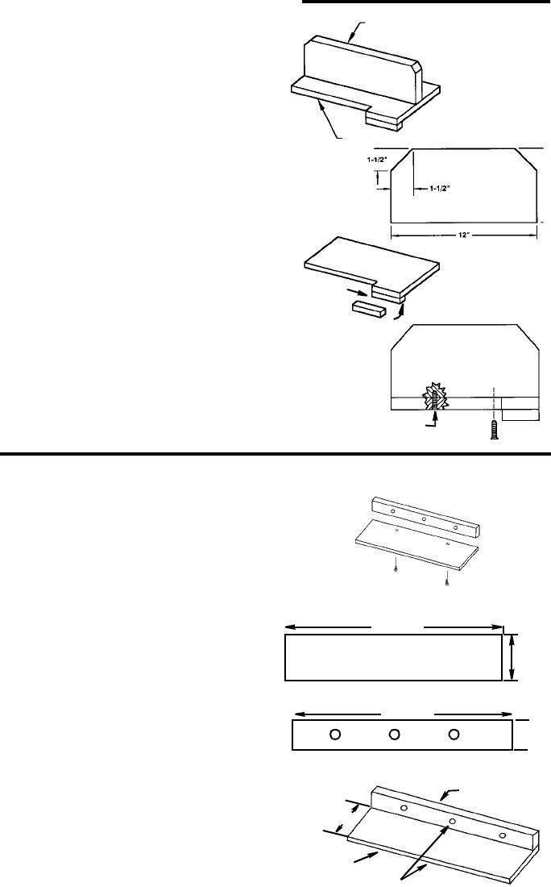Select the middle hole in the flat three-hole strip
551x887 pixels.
tap(395, 734)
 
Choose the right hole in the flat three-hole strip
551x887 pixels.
tap(454, 734)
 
